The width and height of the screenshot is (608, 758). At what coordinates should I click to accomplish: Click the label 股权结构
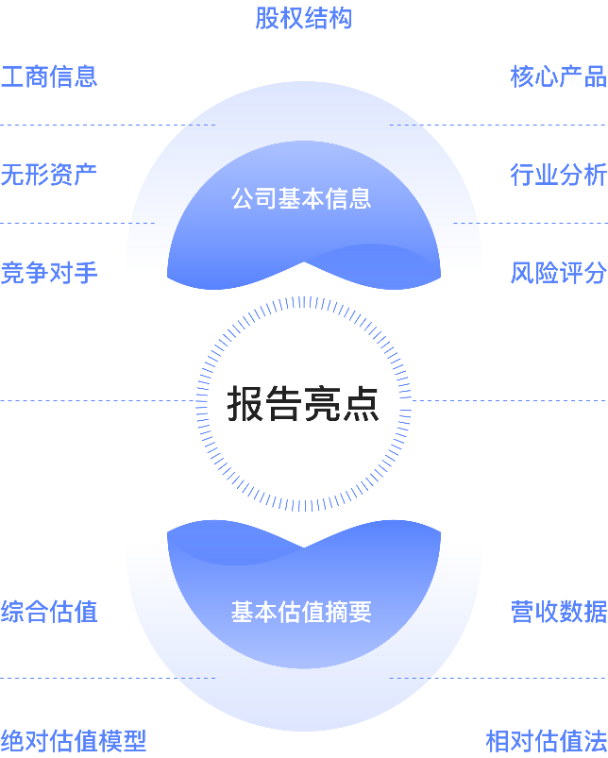(303, 18)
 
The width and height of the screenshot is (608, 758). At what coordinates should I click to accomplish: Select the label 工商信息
(49, 76)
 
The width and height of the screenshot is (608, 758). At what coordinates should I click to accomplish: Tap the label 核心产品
(558, 76)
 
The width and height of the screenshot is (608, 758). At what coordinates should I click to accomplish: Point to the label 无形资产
(49, 175)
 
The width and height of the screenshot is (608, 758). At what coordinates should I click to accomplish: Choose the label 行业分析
(558, 175)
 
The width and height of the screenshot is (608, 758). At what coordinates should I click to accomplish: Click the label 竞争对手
(49, 273)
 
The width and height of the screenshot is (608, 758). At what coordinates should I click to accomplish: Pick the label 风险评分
(558, 273)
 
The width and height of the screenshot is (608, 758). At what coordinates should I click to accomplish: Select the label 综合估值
(49, 612)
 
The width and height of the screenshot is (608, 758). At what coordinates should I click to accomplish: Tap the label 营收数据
(558, 612)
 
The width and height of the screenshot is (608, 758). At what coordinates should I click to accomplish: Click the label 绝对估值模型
(74, 740)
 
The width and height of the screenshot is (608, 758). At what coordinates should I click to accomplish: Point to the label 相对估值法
(546, 740)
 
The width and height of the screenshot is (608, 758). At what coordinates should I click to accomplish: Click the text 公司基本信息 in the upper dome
(302, 198)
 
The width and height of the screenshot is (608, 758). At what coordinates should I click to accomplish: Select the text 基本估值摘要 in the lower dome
(302, 612)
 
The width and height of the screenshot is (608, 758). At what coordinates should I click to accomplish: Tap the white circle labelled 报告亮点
(303, 444)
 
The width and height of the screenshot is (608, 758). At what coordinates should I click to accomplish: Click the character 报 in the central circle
(245, 404)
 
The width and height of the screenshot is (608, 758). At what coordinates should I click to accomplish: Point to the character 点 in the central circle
(361, 404)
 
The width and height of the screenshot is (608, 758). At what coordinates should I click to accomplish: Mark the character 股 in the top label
(267, 18)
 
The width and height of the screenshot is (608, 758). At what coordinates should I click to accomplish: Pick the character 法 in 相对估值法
(595, 740)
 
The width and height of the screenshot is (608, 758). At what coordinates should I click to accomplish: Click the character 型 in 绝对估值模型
(135, 740)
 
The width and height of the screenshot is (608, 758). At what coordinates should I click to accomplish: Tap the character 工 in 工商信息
(12, 76)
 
